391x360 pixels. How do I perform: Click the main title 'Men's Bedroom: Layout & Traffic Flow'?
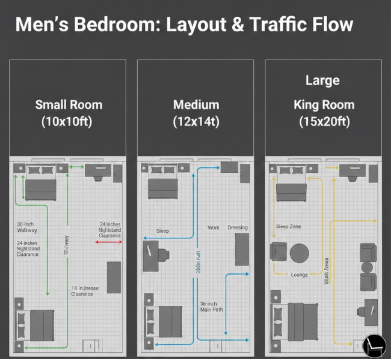183,25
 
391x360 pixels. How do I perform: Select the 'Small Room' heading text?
69,104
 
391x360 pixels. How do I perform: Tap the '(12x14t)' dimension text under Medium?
196,121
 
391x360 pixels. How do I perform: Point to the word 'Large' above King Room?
322,80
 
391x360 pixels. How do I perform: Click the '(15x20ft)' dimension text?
324,121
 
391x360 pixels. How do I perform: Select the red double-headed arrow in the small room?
109,242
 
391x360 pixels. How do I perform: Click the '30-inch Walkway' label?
27,227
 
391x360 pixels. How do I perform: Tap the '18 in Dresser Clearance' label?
85,291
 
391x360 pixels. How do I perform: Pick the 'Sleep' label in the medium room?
162,231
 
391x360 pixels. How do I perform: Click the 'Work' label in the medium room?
214,228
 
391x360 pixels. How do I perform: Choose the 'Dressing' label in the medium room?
238,228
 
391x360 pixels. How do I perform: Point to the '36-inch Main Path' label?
211,306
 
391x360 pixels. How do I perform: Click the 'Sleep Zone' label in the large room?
288,227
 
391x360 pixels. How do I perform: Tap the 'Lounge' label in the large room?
299,275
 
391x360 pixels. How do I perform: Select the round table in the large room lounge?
299,253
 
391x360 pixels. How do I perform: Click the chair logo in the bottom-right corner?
374,345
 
